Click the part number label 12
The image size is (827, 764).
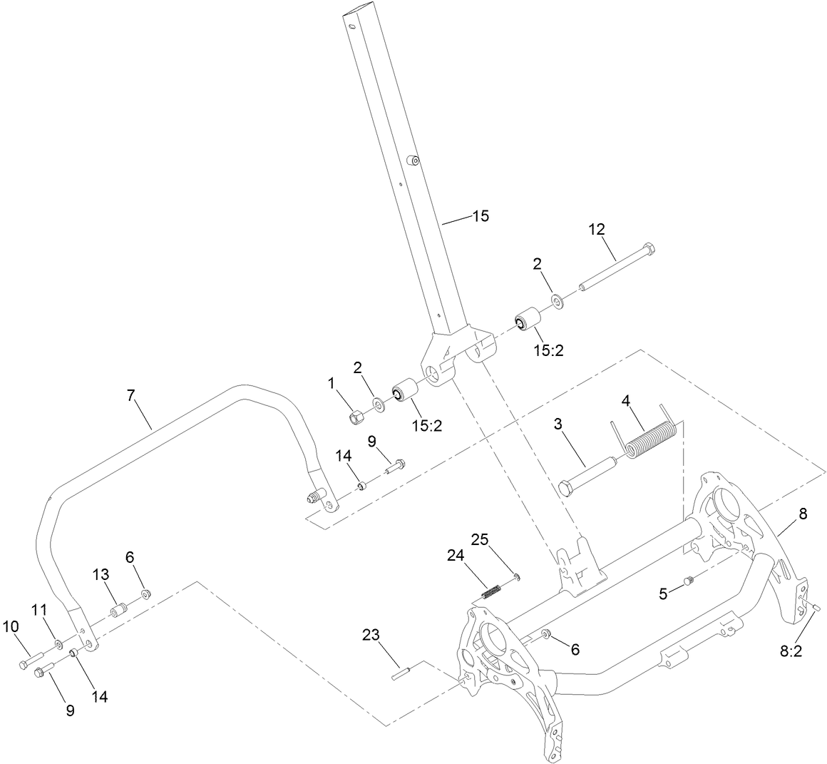[597, 229]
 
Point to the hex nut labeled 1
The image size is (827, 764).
[354, 415]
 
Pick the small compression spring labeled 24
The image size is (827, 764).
[490, 591]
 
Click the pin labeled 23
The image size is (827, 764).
[399, 673]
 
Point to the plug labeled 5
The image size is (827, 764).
[689, 581]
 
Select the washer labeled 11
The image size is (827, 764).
[58, 646]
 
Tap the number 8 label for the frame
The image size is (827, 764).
[803, 514]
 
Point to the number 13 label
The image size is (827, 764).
[101, 574]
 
